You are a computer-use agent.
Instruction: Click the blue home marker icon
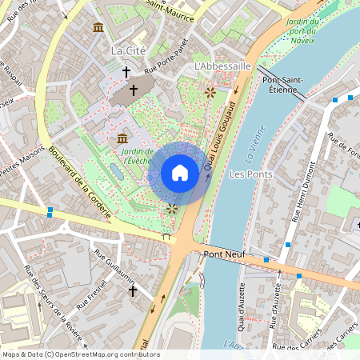coord(180,173)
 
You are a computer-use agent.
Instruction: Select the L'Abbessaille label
coord(222,66)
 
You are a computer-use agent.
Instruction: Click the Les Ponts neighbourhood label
coord(250,174)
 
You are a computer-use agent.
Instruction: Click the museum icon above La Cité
coord(98,29)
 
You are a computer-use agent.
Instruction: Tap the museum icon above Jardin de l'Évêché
coord(122,139)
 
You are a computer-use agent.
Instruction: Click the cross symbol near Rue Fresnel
coord(133,291)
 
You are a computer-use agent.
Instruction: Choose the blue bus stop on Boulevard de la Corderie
coord(50,212)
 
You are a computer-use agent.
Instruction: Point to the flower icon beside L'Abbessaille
coord(210,92)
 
